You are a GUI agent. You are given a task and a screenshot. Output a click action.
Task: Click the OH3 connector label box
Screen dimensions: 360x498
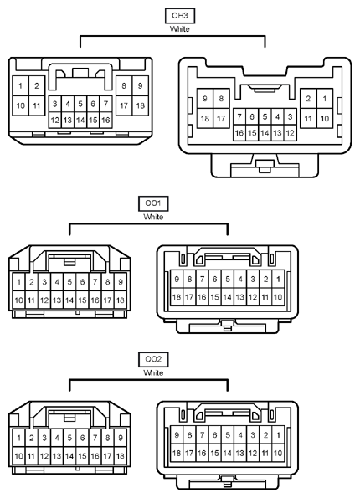pos(180,16)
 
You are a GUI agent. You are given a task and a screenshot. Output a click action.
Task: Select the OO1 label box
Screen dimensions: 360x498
pos(153,203)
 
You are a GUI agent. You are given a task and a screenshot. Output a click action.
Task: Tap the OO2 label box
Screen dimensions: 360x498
pos(153,360)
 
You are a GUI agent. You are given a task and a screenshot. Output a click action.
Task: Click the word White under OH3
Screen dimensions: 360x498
pos(180,29)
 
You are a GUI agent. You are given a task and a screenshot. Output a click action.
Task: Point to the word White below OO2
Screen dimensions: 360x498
pos(153,372)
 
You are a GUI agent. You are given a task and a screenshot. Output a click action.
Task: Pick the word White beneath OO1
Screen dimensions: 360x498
pos(153,217)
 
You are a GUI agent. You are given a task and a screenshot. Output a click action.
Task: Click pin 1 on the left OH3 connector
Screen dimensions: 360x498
pos(21,85)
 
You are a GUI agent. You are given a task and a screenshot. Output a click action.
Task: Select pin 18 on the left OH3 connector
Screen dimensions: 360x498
pos(141,105)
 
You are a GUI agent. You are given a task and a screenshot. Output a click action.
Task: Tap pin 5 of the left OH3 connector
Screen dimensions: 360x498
pos(80,104)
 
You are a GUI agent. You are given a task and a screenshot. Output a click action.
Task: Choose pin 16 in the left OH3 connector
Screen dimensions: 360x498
pos(105,120)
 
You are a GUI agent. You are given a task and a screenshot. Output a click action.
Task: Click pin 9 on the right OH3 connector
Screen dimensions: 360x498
pos(205,99)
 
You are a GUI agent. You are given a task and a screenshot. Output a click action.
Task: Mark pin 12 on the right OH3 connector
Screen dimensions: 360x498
pos(291,133)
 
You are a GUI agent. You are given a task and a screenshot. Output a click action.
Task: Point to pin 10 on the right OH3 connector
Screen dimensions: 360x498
pos(325,119)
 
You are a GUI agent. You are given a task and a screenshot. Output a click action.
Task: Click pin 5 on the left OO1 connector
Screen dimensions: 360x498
pos(69,282)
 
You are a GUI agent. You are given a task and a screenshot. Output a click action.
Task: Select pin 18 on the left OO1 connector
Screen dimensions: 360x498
pos(121,300)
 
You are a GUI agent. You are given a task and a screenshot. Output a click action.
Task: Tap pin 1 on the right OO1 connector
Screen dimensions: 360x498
pos(278,280)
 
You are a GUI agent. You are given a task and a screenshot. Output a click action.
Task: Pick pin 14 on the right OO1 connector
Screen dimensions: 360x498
pos(228,297)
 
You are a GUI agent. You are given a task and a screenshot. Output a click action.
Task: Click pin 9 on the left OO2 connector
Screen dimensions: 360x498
pos(121,438)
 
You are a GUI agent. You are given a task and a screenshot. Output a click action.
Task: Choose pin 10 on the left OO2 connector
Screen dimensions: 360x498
pos(18,456)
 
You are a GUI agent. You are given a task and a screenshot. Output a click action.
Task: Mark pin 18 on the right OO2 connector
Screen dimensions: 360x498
pos(177,453)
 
